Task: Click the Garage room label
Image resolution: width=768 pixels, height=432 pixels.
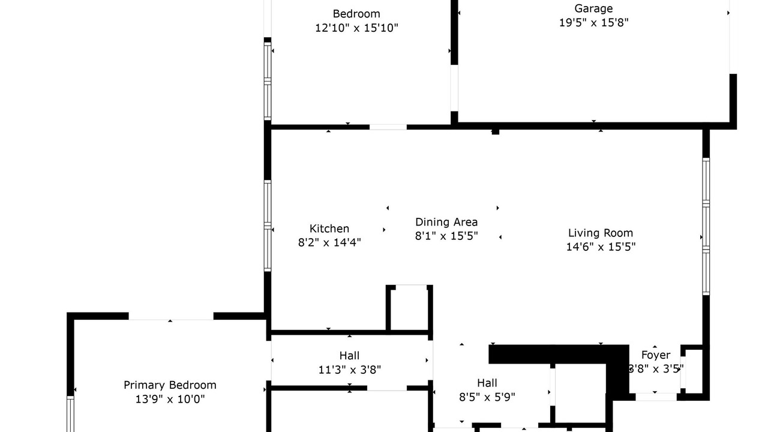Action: tap(593, 8)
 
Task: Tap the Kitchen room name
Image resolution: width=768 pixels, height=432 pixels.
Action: tap(329, 229)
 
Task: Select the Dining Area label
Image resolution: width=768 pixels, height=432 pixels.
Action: tap(446, 222)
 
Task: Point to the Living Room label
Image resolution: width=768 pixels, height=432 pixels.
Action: tap(601, 233)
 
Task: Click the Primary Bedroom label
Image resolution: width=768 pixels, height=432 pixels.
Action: tap(170, 385)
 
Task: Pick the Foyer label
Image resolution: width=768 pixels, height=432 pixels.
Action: tap(656, 355)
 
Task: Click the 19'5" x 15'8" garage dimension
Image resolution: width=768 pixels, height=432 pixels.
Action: tap(593, 23)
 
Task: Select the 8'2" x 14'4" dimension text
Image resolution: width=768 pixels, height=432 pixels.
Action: tap(329, 242)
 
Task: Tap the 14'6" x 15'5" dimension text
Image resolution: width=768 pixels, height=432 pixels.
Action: tap(601, 247)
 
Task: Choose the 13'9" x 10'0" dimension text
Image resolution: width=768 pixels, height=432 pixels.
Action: tap(170, 399)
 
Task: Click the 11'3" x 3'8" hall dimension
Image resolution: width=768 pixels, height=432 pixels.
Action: tap(350, 370)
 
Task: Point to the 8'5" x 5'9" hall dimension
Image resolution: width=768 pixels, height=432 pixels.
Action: tap(487, 397)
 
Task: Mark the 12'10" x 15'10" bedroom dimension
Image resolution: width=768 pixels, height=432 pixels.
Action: tap(356, 28)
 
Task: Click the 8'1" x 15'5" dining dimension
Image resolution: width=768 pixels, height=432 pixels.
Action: tap(446, 236)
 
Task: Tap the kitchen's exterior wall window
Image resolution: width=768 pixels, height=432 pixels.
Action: tap(268, 226)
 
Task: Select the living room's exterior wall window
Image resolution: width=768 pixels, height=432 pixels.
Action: tap(706, 226)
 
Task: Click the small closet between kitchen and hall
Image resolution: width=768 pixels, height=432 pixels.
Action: tap(409, 308)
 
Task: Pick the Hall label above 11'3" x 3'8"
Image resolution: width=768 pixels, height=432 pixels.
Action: tap(350, 356)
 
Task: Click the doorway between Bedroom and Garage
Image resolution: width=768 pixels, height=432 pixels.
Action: tap(454, 88)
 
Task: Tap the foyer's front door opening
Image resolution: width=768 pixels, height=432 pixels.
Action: tap(656, 397)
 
